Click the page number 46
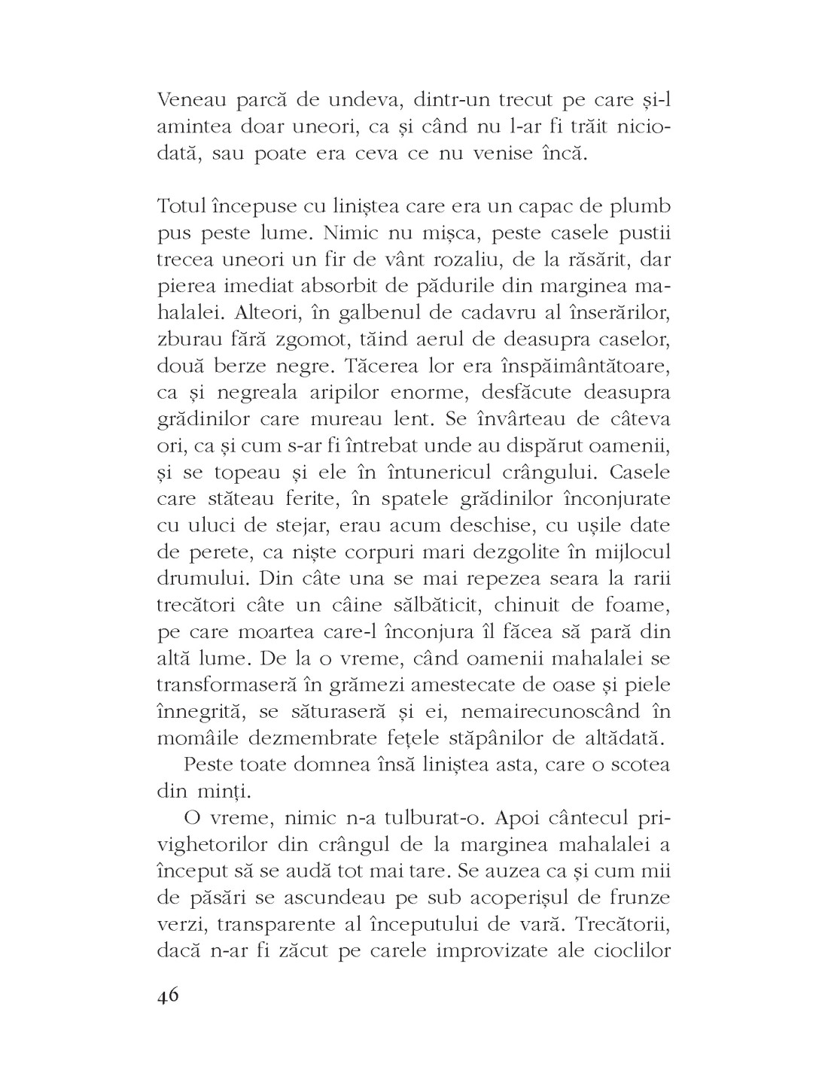168,995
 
